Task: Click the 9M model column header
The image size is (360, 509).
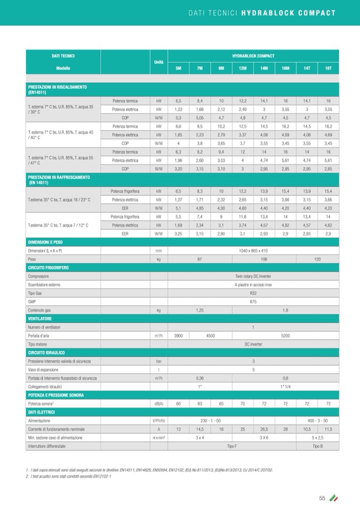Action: pos(221,68)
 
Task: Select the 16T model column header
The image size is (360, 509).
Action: pos(328,68)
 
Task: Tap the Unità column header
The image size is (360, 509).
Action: pos(158,62)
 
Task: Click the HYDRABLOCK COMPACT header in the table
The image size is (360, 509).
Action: pos(253,56)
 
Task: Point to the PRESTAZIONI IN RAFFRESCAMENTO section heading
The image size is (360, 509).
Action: pos(59,179)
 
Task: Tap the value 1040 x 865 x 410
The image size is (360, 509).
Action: pos(253,251)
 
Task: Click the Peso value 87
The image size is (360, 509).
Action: pos(200,259)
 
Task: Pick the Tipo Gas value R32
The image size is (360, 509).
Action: pos(253,293)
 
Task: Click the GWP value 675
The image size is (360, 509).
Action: pos(253,301)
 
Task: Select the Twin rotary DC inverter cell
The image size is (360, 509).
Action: pos(253,276)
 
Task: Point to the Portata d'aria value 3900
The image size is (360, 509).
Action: pos(178,335)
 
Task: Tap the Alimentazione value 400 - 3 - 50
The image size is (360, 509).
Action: pos(318,420)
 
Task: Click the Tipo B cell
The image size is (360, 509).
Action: pos(318,447)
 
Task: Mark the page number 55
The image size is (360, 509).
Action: pos(322,497)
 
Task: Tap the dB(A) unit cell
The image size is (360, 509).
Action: pos(158,404)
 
